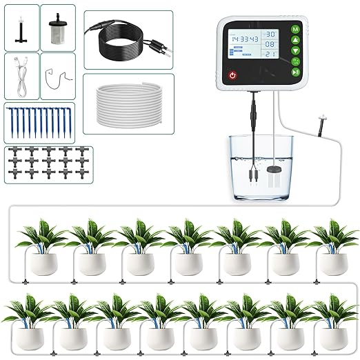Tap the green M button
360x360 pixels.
pyautogui.click(x=294, y=30)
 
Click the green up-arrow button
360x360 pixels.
pyautogui.click(x=294, y=43)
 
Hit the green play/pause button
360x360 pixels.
pyautogui.click(x=294, y=71)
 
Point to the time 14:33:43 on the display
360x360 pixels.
pyautogui.click(x=245, y=39)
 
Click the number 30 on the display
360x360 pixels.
pyautogui.click(x=272, y=34)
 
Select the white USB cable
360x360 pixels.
pyautogui.click(x=21, y=76)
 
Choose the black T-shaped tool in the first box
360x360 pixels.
pyautogui.click(x=21, y=28)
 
